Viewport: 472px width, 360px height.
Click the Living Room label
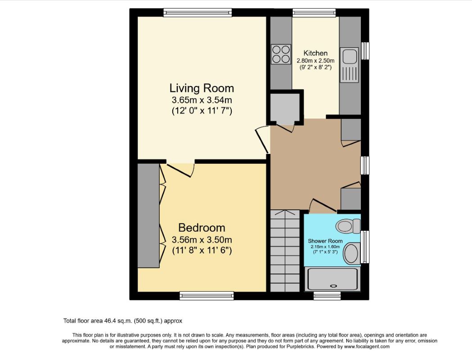(202, 87)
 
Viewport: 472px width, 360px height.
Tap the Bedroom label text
(202, 227)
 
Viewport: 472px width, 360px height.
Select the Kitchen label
(315, 53)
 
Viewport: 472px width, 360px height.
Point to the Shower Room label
(325, 241)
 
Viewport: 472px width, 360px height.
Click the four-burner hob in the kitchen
(281, 54)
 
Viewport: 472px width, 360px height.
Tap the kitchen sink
(349, 57)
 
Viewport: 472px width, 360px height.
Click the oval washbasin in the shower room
(351, 253)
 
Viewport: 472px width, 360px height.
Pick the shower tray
(333, 279)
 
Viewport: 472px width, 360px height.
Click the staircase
(285, 252)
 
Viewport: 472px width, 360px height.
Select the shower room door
(323, 205)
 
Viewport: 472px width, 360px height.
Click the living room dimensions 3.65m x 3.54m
(202, 100)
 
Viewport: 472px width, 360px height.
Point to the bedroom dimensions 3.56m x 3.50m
(202, 239)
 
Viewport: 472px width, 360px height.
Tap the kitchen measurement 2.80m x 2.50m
(315, 61)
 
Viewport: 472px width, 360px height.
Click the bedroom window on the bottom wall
(207, 295)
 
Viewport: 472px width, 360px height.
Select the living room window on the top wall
(198, 13)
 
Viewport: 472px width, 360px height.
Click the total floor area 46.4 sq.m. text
(122, 321)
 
